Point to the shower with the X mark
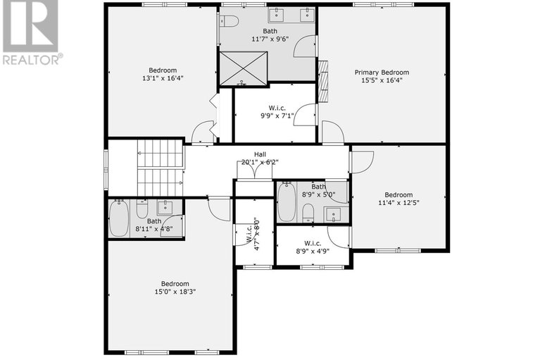(244, 68)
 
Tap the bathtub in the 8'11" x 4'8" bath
(119, 217)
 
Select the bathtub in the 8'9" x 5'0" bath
(287, 202)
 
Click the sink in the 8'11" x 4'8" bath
(165, 206)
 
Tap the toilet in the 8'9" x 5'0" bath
(308, 213)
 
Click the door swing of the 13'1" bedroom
(203, 132)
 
